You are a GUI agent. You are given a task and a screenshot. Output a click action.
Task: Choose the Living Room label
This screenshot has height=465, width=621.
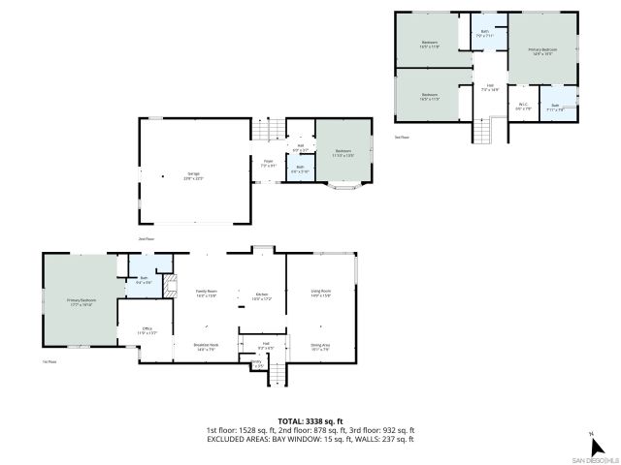tap(320, 293)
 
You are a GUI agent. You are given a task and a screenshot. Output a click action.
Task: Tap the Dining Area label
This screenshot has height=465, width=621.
tap(319, 347)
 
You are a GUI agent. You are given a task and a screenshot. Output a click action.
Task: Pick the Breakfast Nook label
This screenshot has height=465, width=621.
tap(207, 347)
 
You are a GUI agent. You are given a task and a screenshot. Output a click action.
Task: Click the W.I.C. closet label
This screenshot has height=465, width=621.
tap(522, 106)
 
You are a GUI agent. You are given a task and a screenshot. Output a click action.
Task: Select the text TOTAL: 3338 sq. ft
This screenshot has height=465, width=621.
tap(310, 421)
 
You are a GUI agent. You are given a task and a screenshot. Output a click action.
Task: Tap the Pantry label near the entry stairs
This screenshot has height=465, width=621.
tap(257, 363)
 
